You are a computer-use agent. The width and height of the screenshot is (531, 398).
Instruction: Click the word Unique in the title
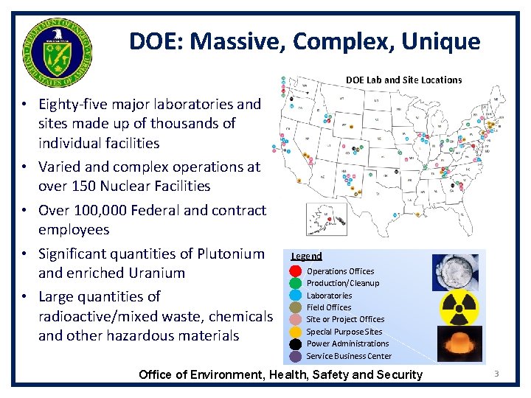[441, 41]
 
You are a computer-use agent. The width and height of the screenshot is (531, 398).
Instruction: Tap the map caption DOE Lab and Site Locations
[403, 80]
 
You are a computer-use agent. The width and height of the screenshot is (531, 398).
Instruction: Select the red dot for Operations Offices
[295, 271]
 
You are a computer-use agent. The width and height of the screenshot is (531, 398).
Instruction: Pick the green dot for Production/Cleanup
[295, 283]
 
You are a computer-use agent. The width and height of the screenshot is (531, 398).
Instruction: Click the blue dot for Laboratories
[295, 296]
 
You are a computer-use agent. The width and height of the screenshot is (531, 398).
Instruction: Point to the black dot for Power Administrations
[295, 343]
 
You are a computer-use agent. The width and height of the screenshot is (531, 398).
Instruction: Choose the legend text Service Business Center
[349, 356]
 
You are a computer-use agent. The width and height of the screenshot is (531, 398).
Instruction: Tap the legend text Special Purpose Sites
[344, 332]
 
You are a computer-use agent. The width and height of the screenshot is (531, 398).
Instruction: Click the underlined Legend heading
[306, 256]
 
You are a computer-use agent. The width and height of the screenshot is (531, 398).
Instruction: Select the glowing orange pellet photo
[458, 343]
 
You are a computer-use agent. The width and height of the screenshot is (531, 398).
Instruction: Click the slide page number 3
[496, 374]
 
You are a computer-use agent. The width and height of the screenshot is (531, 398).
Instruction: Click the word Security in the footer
[398, 374]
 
